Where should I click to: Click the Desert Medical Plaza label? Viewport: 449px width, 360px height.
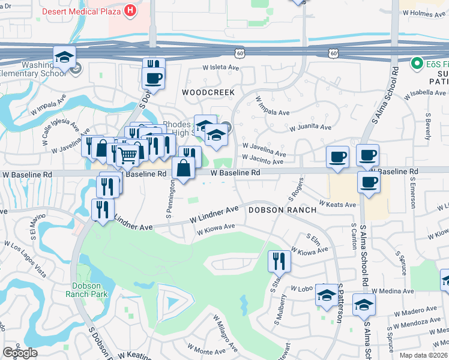point(81,10)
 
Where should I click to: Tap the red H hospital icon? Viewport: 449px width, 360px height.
point(130,10)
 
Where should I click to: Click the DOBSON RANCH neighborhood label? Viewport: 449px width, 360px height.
point(274,210)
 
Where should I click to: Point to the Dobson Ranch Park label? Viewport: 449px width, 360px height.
point(89,290)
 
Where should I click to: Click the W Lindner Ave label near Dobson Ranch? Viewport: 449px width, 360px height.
point(214,214)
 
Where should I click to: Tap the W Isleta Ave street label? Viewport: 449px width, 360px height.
point(221,68)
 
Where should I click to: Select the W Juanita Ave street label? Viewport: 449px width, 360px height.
point(310,128)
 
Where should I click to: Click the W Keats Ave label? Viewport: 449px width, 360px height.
point(337,205)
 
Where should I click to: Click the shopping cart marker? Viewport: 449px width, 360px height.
point(128,155)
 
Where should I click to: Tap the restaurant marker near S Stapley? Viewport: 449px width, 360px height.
point(279,260)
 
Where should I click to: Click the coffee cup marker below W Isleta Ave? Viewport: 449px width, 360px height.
point(154,78)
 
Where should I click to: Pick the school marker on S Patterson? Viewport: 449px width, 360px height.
point(327,295)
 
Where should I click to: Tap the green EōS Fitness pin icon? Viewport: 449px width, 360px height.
point(415,63)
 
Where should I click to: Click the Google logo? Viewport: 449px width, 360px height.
point(20,353)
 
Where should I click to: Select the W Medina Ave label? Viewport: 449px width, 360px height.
point(393,291)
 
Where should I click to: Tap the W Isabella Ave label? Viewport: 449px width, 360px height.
point(427,93)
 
